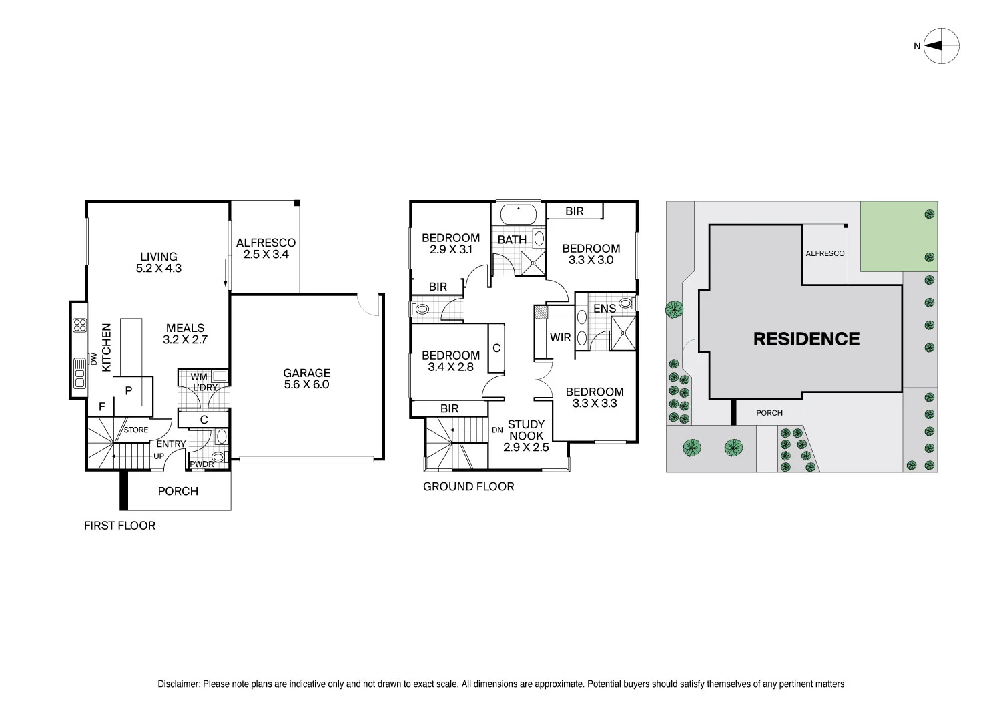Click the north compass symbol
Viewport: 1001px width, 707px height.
941,46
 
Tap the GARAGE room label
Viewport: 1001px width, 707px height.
306,378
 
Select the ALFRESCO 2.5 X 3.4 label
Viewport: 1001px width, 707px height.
266,249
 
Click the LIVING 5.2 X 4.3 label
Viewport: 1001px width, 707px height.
159,262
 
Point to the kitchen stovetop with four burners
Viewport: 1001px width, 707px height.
80,325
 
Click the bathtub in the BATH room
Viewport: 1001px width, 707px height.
518,215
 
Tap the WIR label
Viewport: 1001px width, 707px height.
560,337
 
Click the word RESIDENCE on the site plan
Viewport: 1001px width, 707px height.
806,339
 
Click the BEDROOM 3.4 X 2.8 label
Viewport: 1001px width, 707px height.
450,361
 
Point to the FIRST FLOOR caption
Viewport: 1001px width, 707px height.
119,526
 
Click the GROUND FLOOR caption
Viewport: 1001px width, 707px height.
468,487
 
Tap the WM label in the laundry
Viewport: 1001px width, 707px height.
199,377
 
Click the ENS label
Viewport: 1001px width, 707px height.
604,309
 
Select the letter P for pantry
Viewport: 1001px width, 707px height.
129,391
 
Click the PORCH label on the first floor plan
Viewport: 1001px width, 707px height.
178,491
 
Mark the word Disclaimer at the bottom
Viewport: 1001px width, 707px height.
178,684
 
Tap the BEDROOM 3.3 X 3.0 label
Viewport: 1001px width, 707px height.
591,254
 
